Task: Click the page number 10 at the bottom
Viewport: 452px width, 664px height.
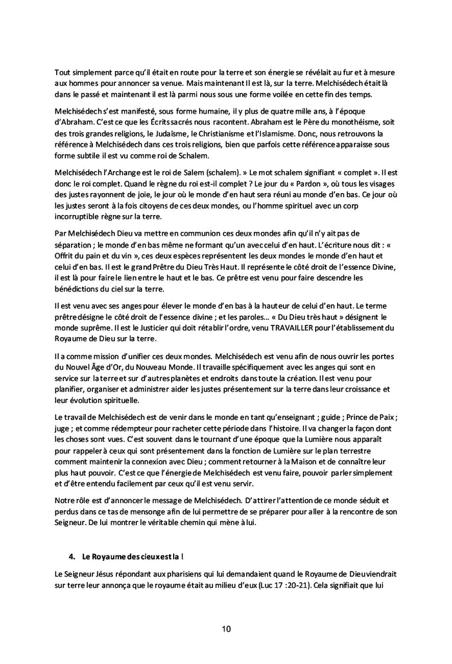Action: click(225, 628)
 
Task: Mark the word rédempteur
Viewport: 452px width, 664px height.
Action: click(123, 428)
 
